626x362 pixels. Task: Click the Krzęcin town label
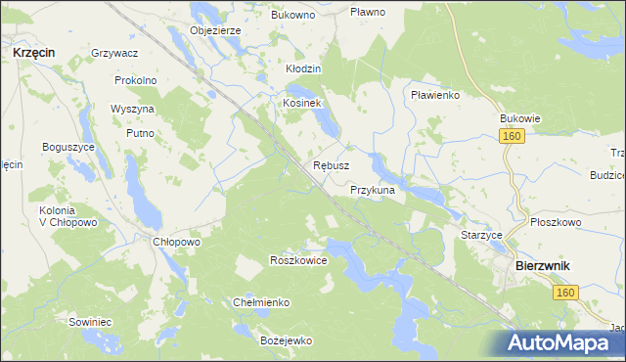click(x=33, y=53)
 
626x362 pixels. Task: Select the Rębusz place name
click(x=331, y=166)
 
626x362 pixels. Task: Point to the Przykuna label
click(x=372, y=191)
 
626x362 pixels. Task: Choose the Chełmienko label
click(x=261, y=302)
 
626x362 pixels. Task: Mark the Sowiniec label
click(x=89, y=321)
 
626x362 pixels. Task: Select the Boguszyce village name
click(x=67, y=146)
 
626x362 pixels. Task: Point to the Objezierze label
click(x=215, y=30)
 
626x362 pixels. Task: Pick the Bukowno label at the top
click(x=292, y=16)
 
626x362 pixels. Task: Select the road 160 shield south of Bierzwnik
click(x=562, y=292)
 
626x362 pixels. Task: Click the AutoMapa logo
click(x=561, y=342)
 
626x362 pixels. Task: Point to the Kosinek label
click(x=301, y=103)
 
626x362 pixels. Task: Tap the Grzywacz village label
click(x=113, y=52)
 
